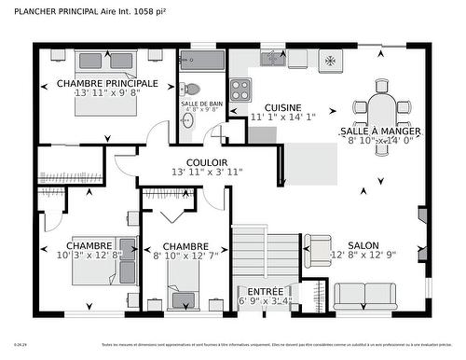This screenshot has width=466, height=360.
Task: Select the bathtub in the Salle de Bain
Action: tap(202, 62)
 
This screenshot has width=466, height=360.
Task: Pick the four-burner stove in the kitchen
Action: tap(240, 90)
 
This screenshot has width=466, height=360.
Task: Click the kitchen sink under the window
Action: tap(272, 59)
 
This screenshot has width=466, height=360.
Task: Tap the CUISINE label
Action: tap(282, 107)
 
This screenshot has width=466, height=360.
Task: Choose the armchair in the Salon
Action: tap(317, 249)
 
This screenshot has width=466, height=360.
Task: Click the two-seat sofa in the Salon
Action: tap(364, 295)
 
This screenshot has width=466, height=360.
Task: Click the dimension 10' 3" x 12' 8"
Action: tap(89, 255)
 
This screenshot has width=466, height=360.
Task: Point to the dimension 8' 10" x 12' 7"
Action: tap(185, 255)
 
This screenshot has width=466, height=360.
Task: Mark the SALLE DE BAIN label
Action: tap(201, 103)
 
